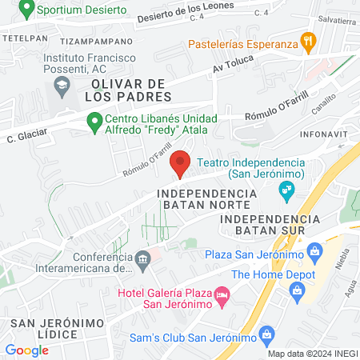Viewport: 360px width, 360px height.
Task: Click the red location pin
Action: point(181,162)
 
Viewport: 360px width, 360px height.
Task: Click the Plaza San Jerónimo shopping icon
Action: point(314,254)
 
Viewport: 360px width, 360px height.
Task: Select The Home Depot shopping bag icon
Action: point(298,290)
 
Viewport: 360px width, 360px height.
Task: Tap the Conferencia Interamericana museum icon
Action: point(142,258)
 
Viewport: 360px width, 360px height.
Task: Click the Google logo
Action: point(26,350)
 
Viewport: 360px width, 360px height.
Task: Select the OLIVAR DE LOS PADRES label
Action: point(132,90)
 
